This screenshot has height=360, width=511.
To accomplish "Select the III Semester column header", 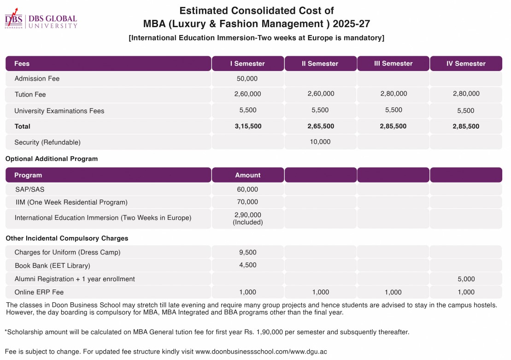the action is tap(393, 64).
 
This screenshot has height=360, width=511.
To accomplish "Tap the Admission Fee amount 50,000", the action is tap(247, 78).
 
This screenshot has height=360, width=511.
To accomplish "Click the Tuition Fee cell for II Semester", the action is tap(321, 94).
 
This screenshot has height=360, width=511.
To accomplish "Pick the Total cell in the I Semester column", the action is tap(248, 126).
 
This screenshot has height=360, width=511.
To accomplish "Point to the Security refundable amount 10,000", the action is tap(320, 142).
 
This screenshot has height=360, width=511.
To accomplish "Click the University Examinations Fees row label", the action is tap(59, 111).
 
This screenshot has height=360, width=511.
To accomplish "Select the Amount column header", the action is tap(248, 175).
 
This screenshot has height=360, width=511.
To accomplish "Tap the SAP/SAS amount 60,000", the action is tap(247, 189).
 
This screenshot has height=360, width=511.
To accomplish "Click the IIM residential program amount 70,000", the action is tap(247, 202).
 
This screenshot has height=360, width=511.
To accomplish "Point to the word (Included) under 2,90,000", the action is tap(248, 222).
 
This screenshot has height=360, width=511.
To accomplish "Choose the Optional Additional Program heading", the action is tap(52, 159).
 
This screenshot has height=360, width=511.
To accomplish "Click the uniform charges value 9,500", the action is tap(248, 253).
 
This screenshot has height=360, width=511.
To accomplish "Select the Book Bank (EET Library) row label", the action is tap(53, 266).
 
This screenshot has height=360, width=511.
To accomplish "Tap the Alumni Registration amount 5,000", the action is tap(466, 279).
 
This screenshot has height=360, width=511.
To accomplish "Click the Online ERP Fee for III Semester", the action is tap(393, 292).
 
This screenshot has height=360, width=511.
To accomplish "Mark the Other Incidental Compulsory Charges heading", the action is tap(67, 238).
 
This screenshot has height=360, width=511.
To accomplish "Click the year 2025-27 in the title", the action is tap(351, 24).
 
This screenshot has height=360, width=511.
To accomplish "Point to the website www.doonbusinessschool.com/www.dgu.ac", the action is tap(261, 352).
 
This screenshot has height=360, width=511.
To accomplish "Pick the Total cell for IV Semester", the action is tap(466, 126).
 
